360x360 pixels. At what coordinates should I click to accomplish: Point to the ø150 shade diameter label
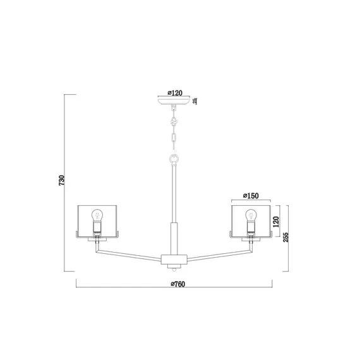(251, 196)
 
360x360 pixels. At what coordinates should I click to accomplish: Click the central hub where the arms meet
(173, 258)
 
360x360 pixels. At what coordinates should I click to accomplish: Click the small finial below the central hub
(173, 268)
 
